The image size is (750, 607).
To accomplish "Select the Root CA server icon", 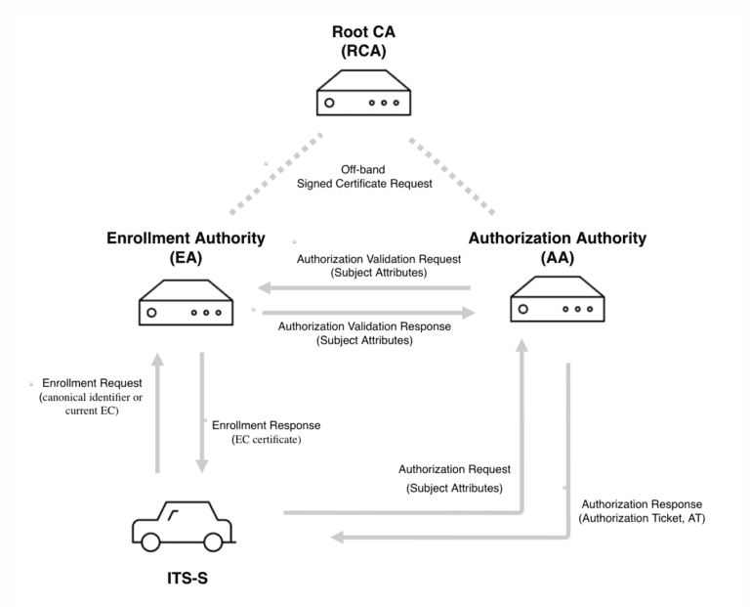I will coord(363,94).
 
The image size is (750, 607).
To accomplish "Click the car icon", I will coord(184,526).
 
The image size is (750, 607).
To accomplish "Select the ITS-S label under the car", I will coord(184,579).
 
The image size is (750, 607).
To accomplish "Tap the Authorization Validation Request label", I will coord(365,267).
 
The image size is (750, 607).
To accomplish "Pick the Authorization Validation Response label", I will coord(365,333).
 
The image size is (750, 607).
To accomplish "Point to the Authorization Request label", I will coord(455,478).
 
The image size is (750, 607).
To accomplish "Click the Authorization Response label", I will coord(641,511).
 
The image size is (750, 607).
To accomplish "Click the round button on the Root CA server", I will coord(331,102).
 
